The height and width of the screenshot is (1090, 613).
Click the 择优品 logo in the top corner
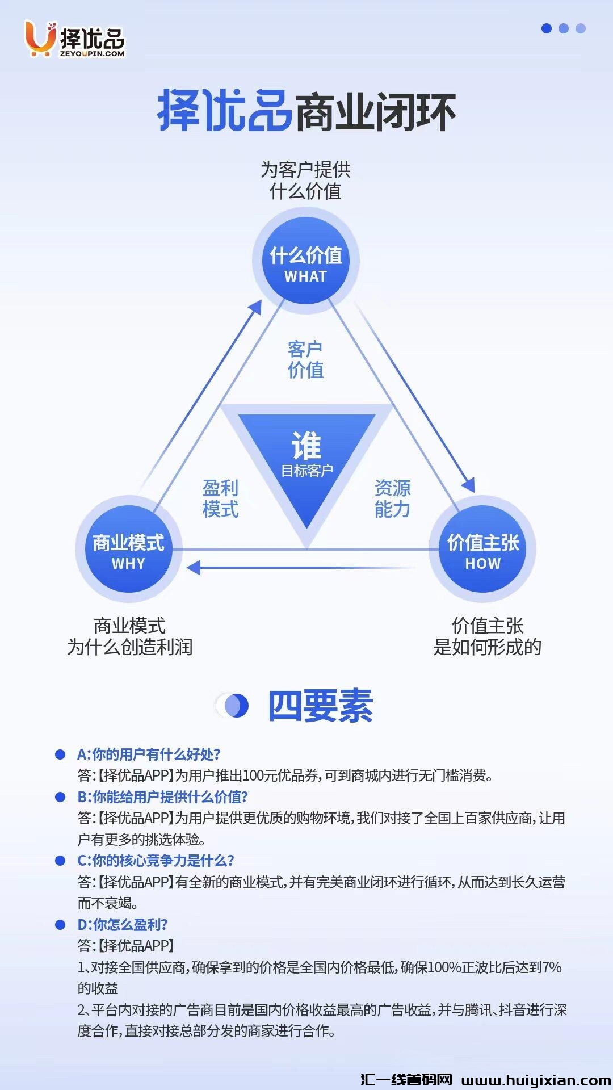pyautogui.click(x=74, y=39)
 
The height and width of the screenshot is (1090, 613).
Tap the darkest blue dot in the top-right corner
pyautogui.click(x=547, y=28)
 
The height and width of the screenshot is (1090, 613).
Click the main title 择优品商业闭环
pyautogui.click(x=306, y=111)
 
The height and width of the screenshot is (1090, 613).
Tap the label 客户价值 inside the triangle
pyautogui.click(x=305, y=359)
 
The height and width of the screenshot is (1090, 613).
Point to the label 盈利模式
pyautogui.click(x=220, y=498)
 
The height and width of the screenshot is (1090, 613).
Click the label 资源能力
pyautogui.click(x=392, y=498)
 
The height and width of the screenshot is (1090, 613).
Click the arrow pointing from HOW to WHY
pyautogui.click(x=301, y=567)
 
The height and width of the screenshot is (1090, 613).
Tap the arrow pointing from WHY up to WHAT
pyautogui.click(x=199, y=397)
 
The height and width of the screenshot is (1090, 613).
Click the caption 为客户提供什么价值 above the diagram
pyautogui.click(x=305, y=180)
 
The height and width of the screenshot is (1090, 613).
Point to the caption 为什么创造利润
pyautogui.click(x=130, y=647)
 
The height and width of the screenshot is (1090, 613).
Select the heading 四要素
pyautogui.click(x=320, y=706)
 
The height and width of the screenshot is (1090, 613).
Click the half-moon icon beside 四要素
pyautogui.click(x=235, y=706)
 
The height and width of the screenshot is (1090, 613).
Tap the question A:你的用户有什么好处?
pyautogui.click(x=149, y=754)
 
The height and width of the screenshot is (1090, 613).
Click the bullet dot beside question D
pyautogui.click(x=60, y=925)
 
